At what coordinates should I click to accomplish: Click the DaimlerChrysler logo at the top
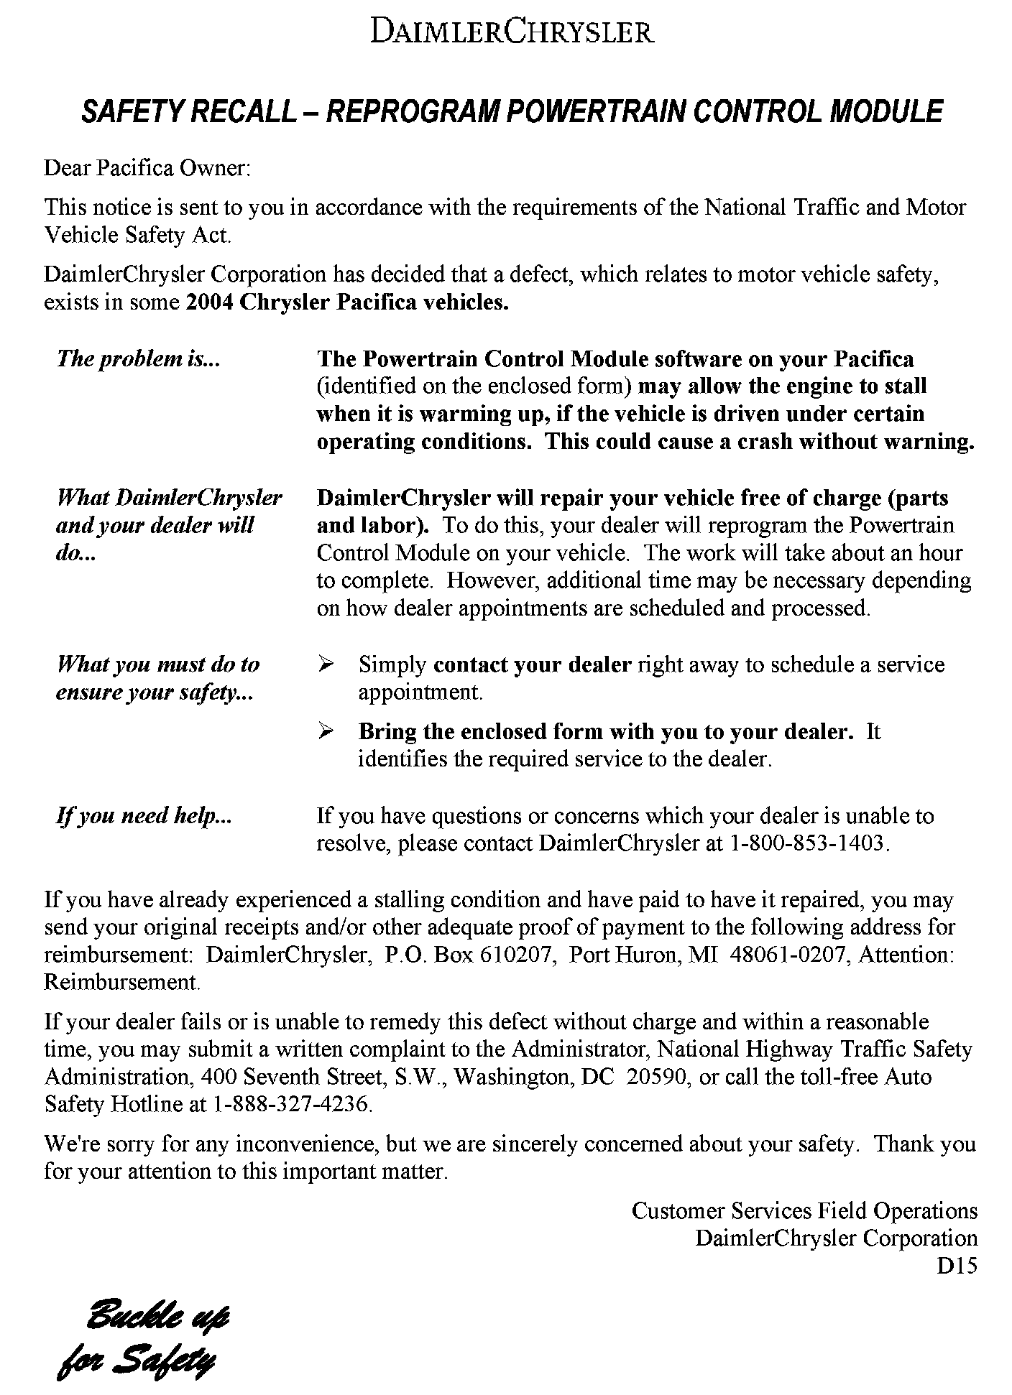[512, 33]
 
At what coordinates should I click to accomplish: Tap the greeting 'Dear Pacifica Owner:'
[147, 168]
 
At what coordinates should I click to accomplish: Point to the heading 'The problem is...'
[138, 358]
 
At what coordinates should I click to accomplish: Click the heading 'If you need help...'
[144, 816]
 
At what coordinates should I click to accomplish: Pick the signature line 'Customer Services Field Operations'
[804, 1211]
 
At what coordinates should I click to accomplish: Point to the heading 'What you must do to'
[157, 664]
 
